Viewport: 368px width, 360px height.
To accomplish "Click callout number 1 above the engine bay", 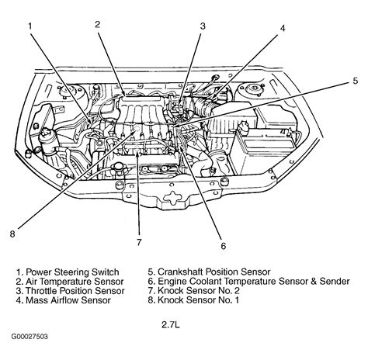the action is coord(30,26).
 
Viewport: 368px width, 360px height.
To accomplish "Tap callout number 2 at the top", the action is coord(97,24).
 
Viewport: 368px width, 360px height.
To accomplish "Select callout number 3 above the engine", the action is coord(203,26).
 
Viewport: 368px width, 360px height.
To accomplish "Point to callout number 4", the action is coord(283,28).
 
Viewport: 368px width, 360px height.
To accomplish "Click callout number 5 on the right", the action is coord(356,81).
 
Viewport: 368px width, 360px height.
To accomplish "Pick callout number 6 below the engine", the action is coord(224,246).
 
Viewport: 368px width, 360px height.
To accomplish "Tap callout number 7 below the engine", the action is coord(139,242).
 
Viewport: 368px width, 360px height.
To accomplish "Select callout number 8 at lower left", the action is coord(12,234).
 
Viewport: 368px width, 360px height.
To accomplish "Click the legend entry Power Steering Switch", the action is coord(68,272).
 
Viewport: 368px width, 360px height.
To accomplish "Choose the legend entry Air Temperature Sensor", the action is coord(70,282).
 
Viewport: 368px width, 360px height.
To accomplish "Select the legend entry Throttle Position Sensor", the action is coord(70,291).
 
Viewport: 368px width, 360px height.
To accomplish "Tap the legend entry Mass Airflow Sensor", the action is coord(64,300).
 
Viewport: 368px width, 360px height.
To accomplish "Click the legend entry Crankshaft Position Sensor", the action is coord(209,272).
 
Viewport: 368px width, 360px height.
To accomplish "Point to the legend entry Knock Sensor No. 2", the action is coord(194,291).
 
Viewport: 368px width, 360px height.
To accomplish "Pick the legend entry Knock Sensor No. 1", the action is coord(193,300).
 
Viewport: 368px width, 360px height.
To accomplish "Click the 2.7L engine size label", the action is coord(171,325).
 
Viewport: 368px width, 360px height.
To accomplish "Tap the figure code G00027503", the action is coord(30,337).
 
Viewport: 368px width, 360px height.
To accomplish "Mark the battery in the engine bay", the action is coord(263,151).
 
